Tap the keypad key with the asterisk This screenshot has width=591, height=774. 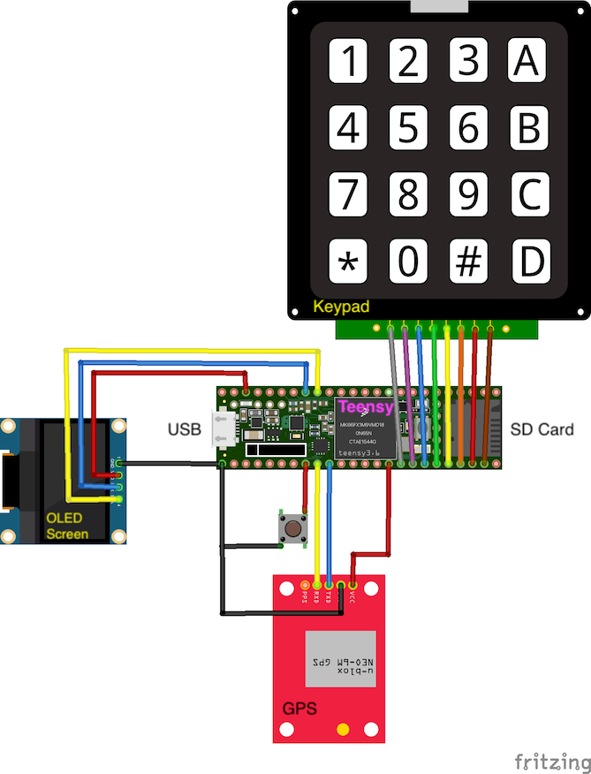[349, 262]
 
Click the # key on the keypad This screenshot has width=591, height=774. [468, 262]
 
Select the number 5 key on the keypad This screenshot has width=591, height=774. [407, 128]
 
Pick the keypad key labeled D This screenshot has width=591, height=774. [529, 262]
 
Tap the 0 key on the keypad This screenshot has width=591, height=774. [407, 262]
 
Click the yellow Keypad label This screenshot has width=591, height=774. [341, 307]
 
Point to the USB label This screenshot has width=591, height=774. [184, 430]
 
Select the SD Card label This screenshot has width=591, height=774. [542, 430]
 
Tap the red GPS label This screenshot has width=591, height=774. [299, 709]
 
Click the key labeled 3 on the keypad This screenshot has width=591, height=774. [468, 62]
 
